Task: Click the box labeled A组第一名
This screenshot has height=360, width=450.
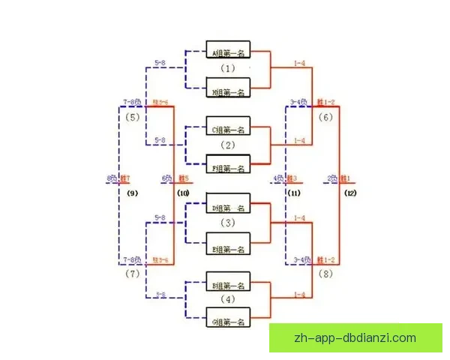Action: pyautogui.click(x=228, y=52)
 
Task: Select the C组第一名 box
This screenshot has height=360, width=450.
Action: pyautogui.click(x=228, y=129)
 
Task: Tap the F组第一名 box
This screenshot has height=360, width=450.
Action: pyautogui.click(x=228, y=168)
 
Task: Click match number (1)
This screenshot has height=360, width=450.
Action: pyautogui.click(x=228, y=69)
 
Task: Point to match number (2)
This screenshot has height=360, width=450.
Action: pyautogui.click(x=228, y=145)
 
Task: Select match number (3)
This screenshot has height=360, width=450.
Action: pyautogui.click(x=228, y=223)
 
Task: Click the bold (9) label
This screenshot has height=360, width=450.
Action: pyautogui.click(x=133, y=193)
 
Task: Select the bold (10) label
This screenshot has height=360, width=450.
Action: pyautogui.click(x=183, y=193)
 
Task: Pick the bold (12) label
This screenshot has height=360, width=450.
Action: pyautogui.click(x=350, y=193)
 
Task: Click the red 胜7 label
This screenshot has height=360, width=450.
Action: pyautogui.click(x=124, y=178)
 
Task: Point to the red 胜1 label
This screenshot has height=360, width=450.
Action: pyautogui.click(x=346, y=178)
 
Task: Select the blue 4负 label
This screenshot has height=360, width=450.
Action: pyautogui.click(x=277, y=178)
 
